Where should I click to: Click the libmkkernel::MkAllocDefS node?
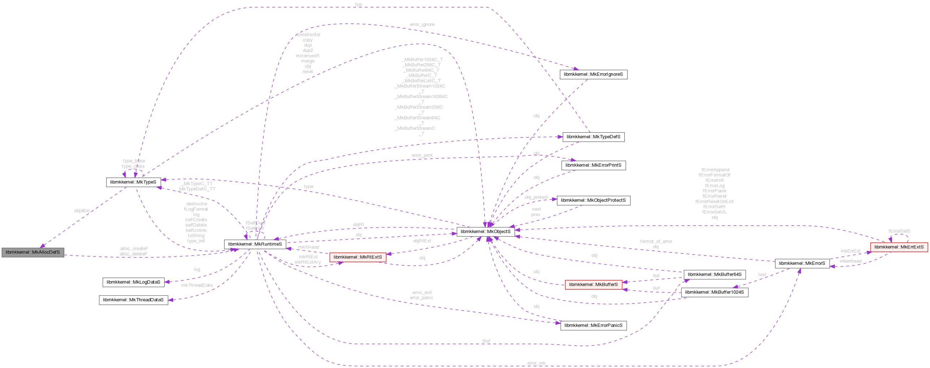(33, 252)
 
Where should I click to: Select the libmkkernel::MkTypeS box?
(133, 182)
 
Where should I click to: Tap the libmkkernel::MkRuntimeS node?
(255, 244)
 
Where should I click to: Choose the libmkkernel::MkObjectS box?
(485, 232)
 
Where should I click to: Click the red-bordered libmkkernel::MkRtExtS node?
(358, 257)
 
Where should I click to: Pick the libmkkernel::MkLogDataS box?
(133, 282)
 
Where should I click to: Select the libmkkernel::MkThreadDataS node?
(133, 300)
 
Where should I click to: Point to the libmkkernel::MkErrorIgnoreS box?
(593, 74)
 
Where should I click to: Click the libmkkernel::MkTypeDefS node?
(593, 137)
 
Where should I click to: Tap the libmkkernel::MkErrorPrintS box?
(593, 165)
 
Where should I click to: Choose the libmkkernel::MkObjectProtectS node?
(593, 200)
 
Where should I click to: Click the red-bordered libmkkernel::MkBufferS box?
(593, 285)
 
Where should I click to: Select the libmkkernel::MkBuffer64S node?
(714, 275)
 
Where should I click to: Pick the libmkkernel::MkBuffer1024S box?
(714, 292)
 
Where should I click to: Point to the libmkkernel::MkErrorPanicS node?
(593, 325)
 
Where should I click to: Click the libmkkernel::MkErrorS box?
(802, 263)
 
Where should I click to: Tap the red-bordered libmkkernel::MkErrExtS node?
(899, 247)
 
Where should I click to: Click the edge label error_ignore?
(422, 25)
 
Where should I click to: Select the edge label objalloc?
(82, 211)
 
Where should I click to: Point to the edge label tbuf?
(486, 341)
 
